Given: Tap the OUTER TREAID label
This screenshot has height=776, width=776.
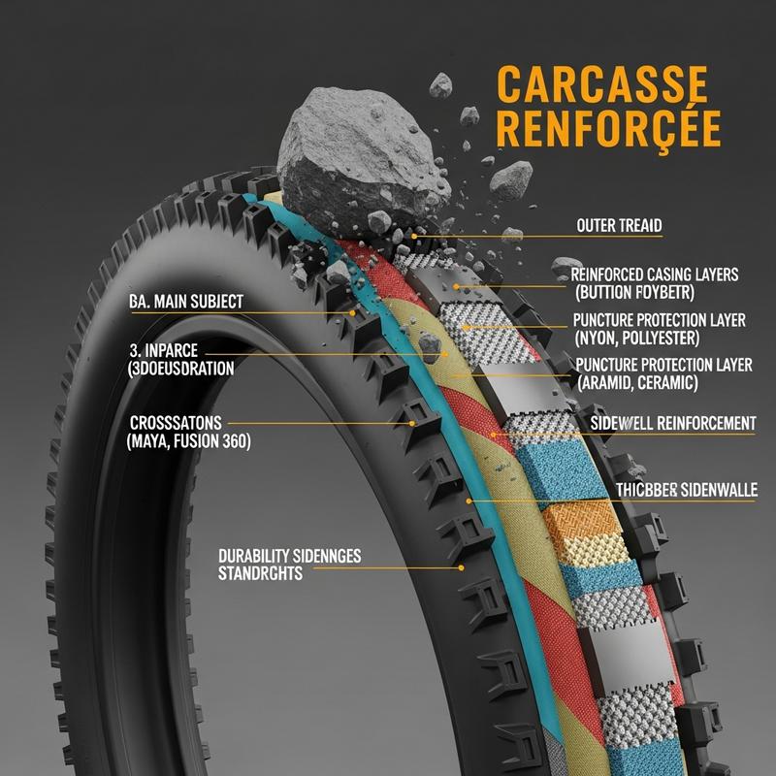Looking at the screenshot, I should coord(618,226).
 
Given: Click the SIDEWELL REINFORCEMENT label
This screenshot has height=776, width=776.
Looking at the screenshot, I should coord(673,423).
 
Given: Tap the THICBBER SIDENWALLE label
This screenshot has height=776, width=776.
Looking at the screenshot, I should coord(687,491).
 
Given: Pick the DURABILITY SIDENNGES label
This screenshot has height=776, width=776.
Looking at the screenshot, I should coord(290,556).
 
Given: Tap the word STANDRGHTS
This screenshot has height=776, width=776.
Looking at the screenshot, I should coord(261,573).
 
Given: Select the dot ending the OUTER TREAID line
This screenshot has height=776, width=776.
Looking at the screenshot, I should coord(414,236).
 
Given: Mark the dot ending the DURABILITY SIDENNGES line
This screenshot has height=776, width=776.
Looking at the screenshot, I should coord(462,566).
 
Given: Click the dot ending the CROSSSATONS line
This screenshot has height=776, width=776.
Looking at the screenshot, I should coord(414,424).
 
